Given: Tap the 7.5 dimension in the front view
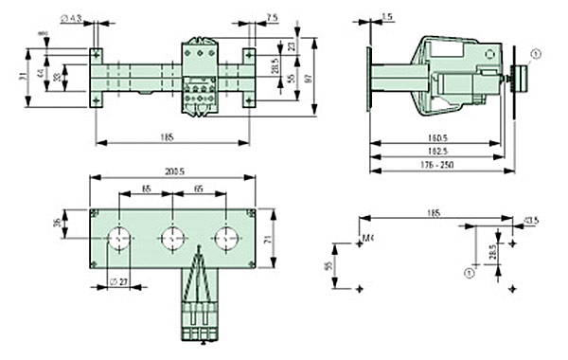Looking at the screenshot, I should click(245, 17).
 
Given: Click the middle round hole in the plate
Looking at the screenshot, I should click(173, 237).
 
